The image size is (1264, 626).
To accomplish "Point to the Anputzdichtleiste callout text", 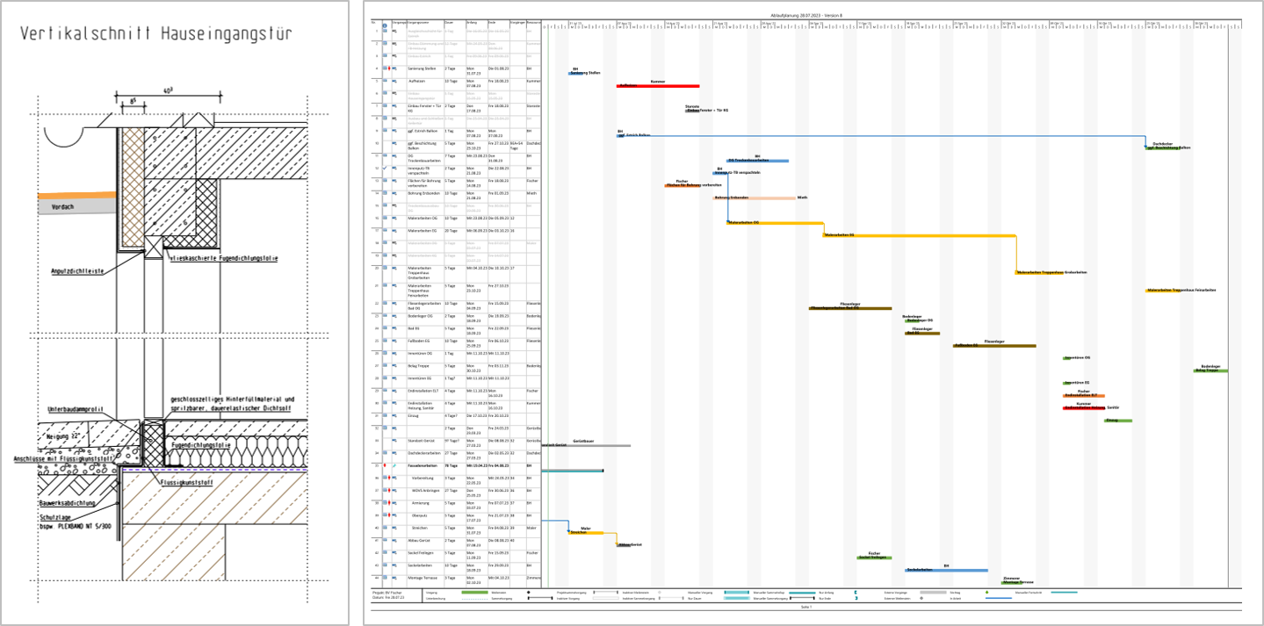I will (77, 271).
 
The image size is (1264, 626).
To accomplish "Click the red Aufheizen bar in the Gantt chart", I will (658, 86).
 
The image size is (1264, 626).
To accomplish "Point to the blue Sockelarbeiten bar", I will (946, 570).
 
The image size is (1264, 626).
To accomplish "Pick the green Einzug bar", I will (1117, 421).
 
